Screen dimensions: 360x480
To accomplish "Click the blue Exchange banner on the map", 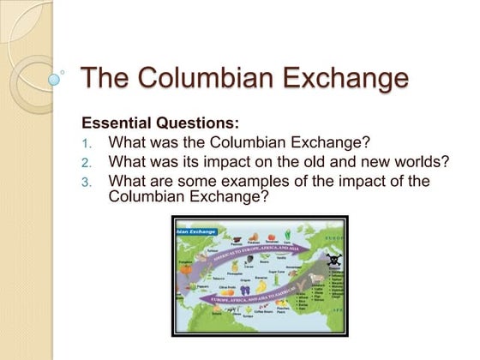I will (195, 231).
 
